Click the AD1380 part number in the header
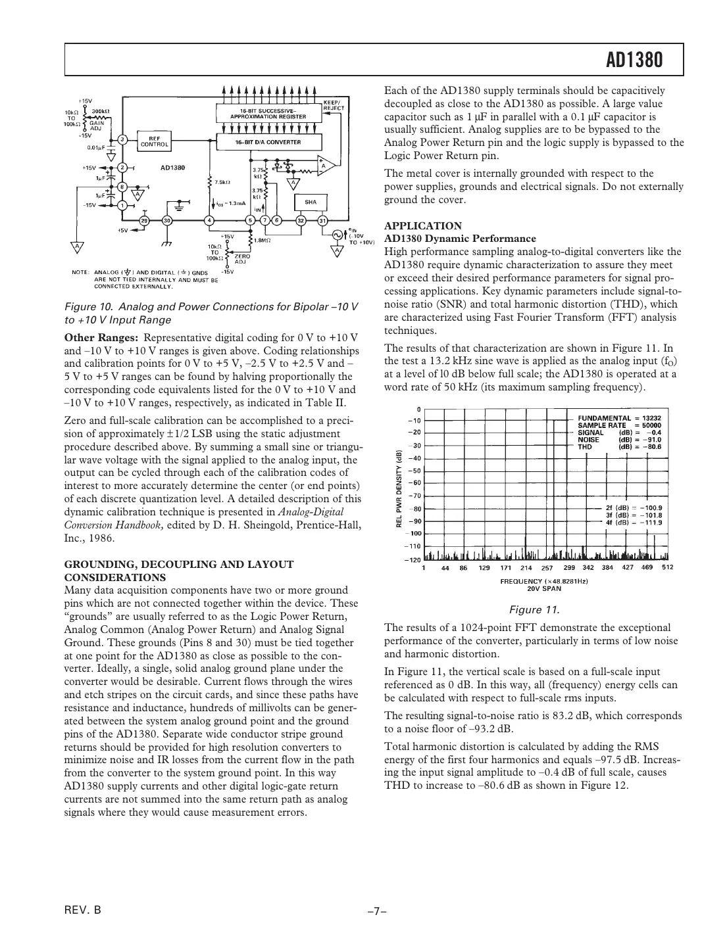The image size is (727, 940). [x=634, y=61]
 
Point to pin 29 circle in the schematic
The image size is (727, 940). [x=144, y=220]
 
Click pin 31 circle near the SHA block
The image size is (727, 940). [x=323, y=220]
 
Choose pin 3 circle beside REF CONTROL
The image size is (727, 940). [x=122, y=139]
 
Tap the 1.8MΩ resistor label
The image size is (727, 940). [x=263, y=241]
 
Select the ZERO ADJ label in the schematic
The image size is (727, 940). [x=241, y=258]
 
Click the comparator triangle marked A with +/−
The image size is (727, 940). [x=325, y=166]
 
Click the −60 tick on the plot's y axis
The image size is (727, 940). [x=414, y=482]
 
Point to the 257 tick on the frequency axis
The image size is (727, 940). [x=547, y=567]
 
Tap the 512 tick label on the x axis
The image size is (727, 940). [x=667, y=567]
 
